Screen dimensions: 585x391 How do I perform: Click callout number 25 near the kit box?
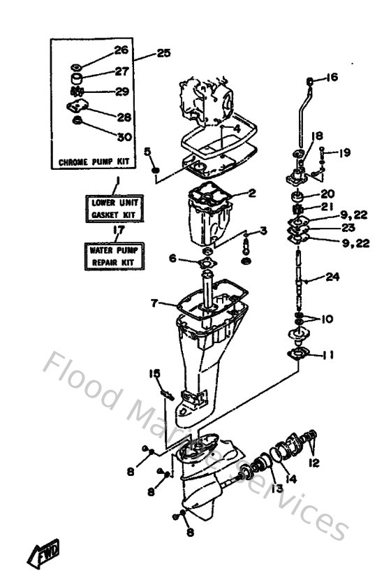pyautogui.click(x=163, y=52)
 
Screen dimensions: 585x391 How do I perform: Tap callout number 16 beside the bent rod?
pyautogui.click(x=331, y=78)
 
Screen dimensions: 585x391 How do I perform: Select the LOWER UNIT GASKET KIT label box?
pyautogui.click(x=115, y=208)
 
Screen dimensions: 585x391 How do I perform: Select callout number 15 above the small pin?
pyautogui.click(x=154, y=374)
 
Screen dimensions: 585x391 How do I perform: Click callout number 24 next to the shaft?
pyautogui.click(x=332, y=277)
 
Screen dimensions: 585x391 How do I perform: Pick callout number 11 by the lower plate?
pyautogui.click(x=328, y=355)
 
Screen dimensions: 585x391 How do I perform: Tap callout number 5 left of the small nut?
pyautogui.click(x=147, y=150)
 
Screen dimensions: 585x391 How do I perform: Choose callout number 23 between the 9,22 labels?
pyautogui.click(x=330, y=228)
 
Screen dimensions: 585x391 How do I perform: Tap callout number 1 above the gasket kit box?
pyautogui.click(x=117, y=180)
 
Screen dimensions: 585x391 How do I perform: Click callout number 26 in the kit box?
pyautogui.click(x=121, y=50)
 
